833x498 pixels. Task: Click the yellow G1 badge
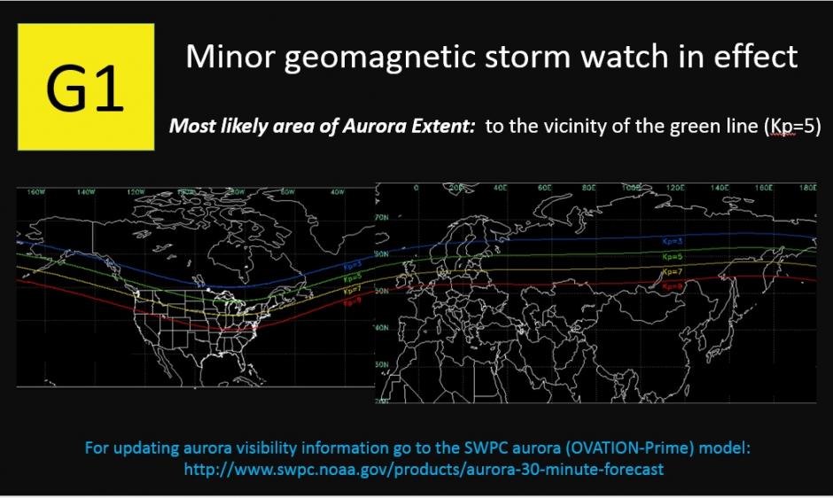[86, 87]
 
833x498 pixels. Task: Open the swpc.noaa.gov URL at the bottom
[423, 470]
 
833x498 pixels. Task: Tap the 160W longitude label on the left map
[35, 191]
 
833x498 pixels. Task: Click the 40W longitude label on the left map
[338, 191]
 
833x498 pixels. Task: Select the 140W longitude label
[86, 191]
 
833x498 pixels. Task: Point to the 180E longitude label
[806, 188]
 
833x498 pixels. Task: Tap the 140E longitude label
[720, 188]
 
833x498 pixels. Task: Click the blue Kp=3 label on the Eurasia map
[673, 241]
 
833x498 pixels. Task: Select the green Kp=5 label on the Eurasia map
[673, 255]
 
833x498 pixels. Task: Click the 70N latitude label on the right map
[384, 217]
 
